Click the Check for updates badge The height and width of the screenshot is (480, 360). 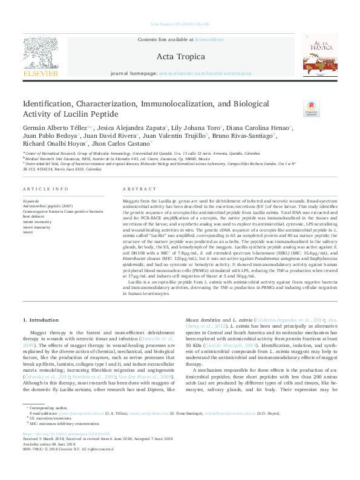[x=312, y=109]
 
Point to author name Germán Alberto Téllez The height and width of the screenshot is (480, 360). [x=54, y=128]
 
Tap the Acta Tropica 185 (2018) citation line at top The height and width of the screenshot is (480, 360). [x=180, y=24]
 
